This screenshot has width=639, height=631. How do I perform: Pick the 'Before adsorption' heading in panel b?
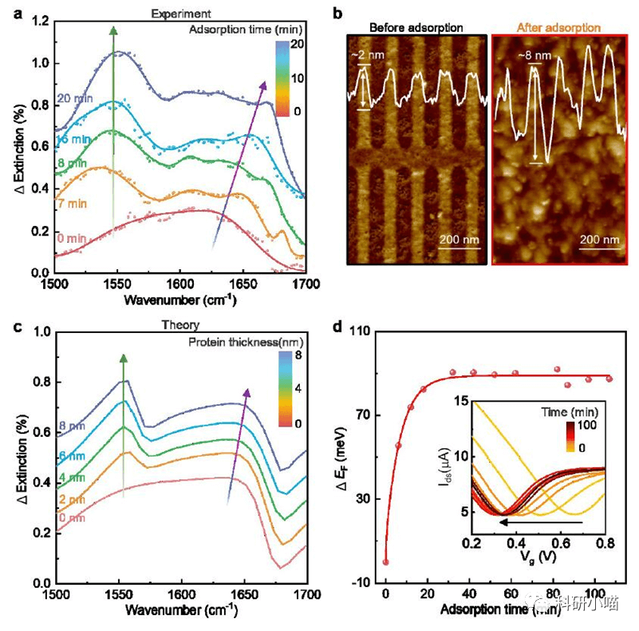pos(416,28)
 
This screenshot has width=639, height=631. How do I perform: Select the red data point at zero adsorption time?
pos(385,562)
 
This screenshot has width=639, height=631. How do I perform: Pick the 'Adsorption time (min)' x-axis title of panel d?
pos(495,610)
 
